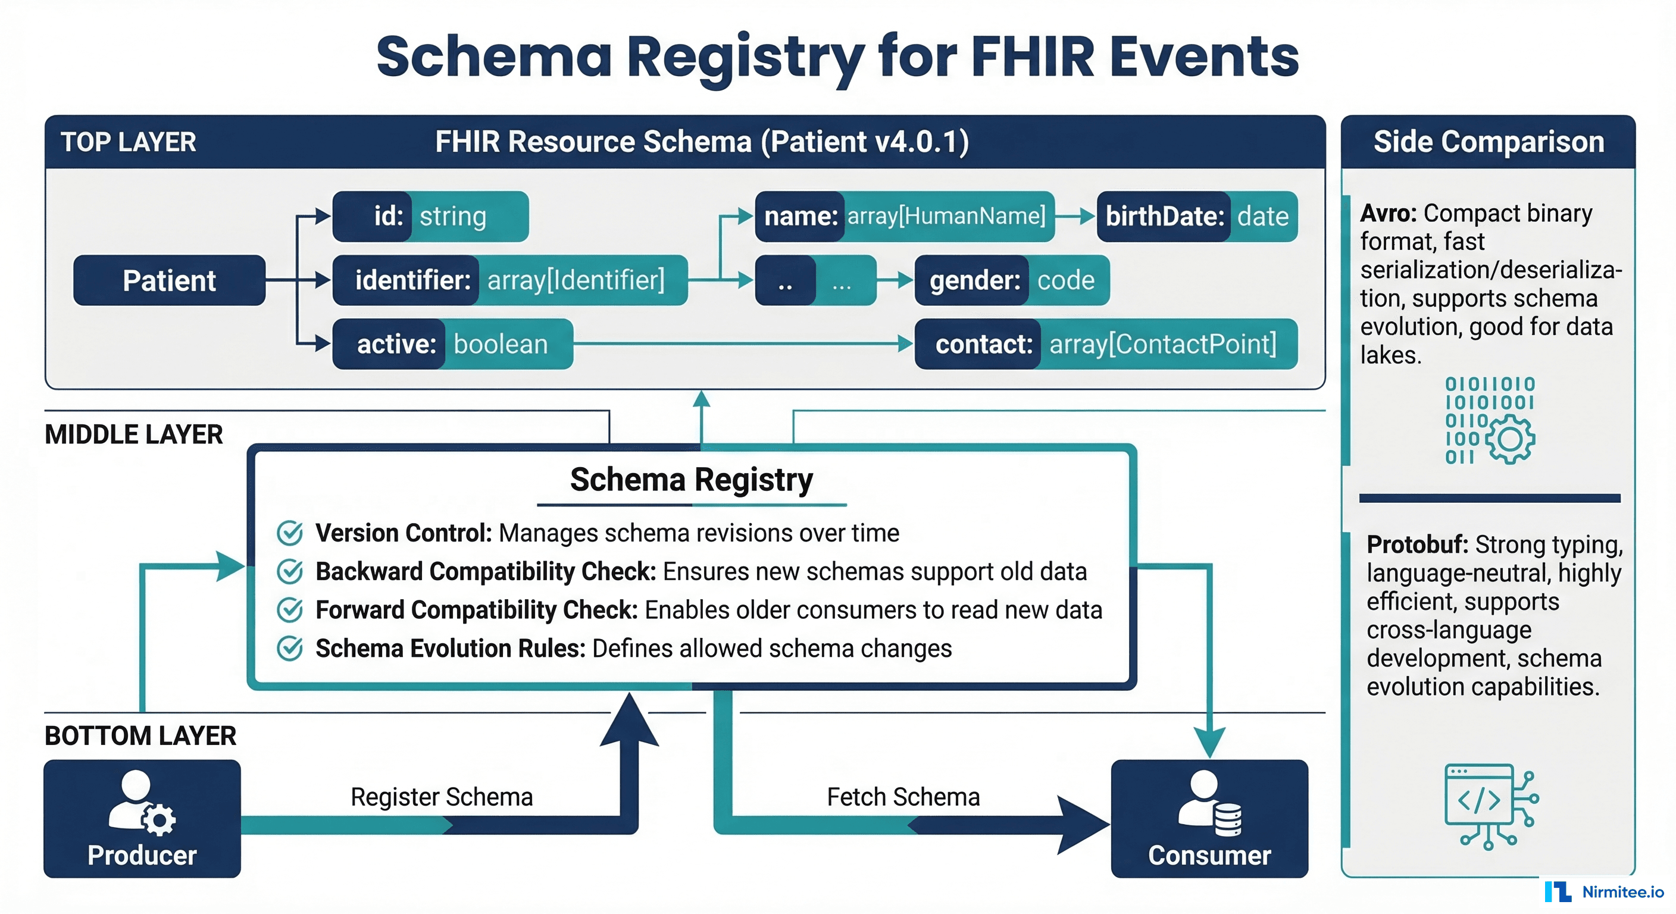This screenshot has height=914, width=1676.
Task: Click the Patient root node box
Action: point(169,280)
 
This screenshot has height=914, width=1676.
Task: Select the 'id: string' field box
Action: point(430,216)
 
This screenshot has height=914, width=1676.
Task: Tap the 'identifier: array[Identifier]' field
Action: point(509,280)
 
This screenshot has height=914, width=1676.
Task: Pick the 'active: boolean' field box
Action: point(452,344)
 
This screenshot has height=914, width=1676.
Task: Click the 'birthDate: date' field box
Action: point(1196,216)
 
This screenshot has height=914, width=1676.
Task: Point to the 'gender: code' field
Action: point(1011,280)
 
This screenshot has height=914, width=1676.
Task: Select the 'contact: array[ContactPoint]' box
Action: point(1105,344)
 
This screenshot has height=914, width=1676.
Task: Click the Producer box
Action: point(142,818)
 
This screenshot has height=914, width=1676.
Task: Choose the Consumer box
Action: point(1209,818)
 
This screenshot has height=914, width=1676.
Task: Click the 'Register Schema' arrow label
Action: point(441,797)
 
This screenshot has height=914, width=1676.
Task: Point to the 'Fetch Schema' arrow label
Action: point(902,797)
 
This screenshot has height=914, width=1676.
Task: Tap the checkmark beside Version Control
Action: point(289,533)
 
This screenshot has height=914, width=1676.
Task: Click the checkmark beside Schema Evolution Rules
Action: point(289,648)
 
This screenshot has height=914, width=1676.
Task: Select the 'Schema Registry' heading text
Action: point(691,480)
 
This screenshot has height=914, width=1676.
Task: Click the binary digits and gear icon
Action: point(1489,420)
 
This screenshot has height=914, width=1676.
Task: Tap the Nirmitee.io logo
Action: point(1604,891)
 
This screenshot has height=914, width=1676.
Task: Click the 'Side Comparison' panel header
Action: point(1488,142)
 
